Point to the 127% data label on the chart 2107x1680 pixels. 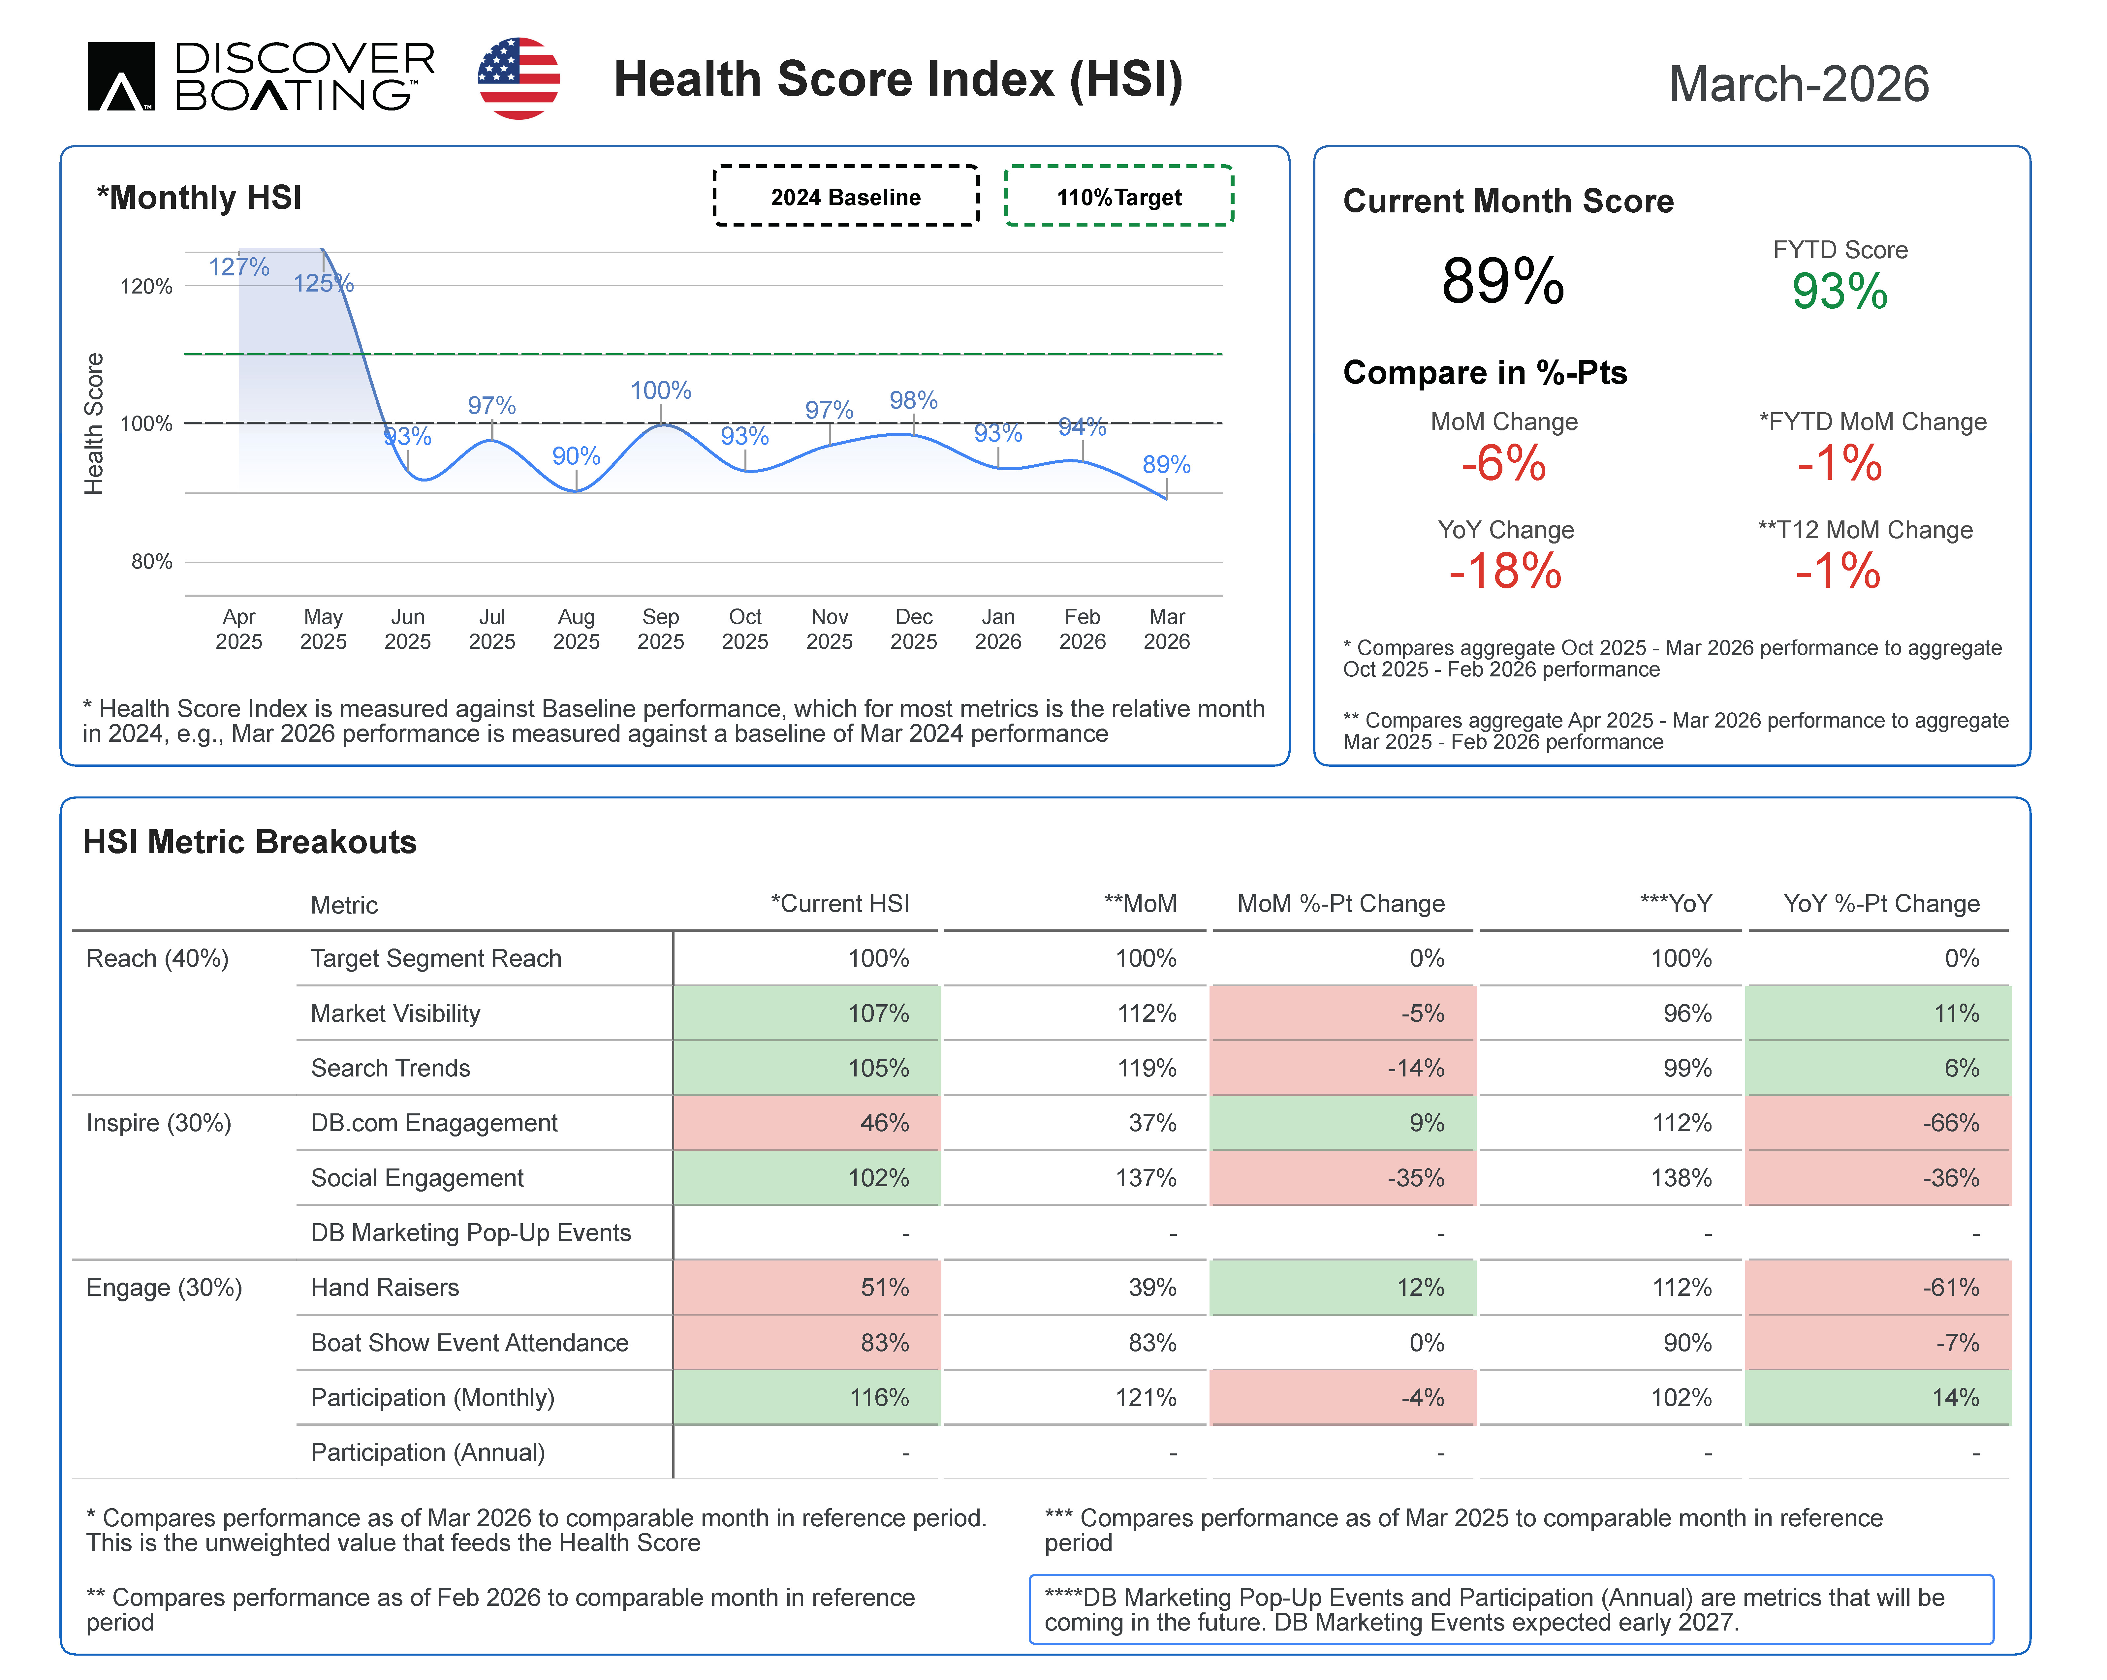tap(238, 266)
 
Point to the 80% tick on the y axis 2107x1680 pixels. tap(151, 561)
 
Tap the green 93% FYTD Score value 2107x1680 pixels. tap(1839, 291)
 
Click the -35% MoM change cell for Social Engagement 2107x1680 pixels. tap(1343, 1178)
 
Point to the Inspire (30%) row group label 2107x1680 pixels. tap(158, 1123)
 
